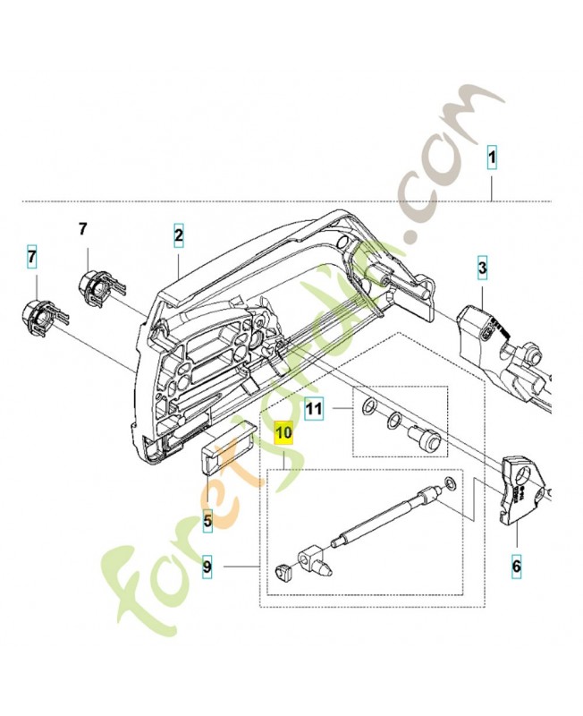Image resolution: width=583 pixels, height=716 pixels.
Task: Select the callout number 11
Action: [x=313, y=409]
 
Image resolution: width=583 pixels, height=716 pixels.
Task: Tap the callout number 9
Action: [x=207, y=566]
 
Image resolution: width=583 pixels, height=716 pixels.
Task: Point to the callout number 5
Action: [x=207, y=518]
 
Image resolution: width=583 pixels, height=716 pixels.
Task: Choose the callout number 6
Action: [x=516, y=566]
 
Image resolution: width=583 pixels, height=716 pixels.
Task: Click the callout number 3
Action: [x=481, y=267]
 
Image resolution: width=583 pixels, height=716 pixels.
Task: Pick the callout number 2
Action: [x=179, y=236]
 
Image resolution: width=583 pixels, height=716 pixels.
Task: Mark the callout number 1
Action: [x=491, y=160]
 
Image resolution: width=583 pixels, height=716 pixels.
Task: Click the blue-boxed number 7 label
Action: [x=32, y=258]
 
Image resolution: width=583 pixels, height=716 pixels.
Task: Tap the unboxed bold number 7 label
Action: [x=82, y=230]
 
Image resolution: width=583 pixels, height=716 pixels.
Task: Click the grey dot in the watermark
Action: [x=409, y=236]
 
